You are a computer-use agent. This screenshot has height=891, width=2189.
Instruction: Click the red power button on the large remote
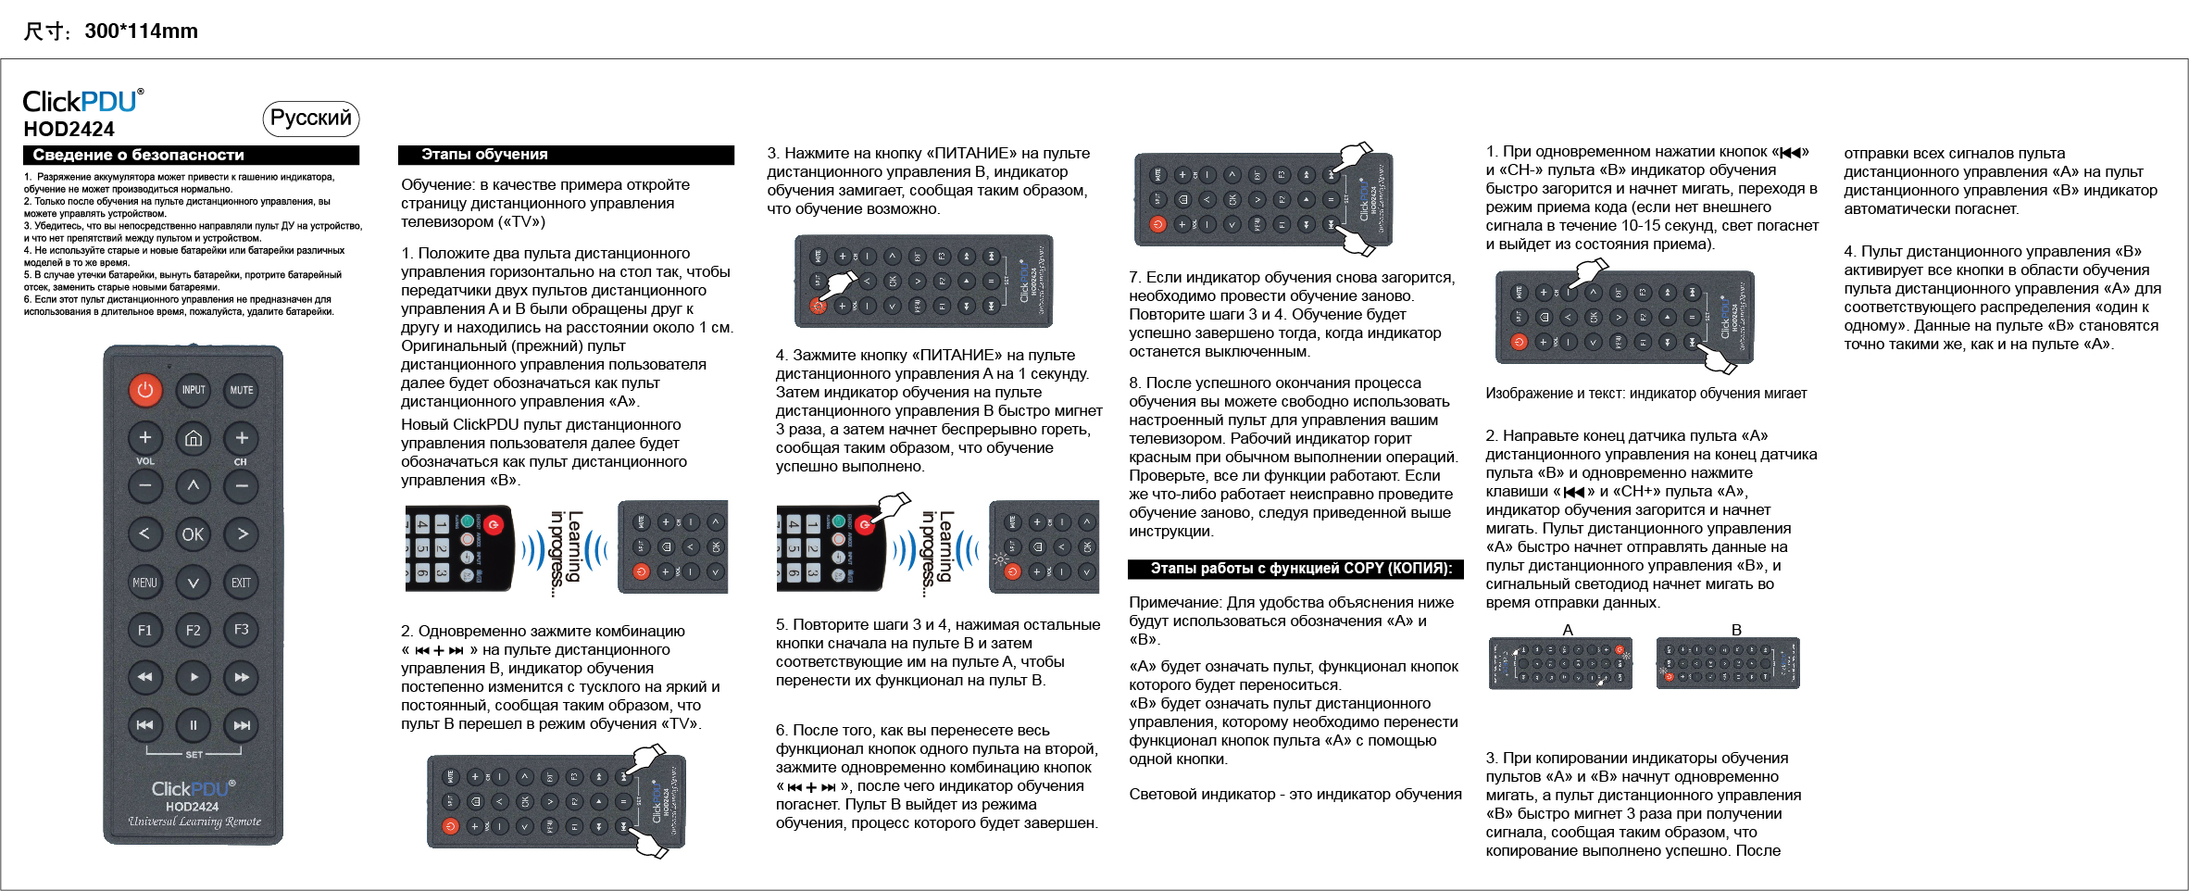(145, 390)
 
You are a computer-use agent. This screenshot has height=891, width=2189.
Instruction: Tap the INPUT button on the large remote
(194, 390)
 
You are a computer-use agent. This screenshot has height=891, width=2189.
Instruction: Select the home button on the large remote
(194, 438)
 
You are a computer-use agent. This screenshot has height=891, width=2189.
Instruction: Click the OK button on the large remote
(193, 534)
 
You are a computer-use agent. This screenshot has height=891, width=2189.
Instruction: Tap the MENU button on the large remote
(145, 583)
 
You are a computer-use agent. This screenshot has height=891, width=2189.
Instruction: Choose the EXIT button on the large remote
(241, 583)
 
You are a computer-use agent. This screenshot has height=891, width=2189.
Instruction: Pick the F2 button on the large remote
(193, 631)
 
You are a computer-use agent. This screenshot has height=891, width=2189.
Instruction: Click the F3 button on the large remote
(241, 630)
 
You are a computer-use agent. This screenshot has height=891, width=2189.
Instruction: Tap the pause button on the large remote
(193, 725)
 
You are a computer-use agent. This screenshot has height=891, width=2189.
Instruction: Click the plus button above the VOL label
(145, 438)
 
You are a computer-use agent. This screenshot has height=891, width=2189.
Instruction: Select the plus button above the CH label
(241, 438)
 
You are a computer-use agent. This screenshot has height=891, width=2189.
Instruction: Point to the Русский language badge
(311, 119)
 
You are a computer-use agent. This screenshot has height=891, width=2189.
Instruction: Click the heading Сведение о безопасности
(139, 155)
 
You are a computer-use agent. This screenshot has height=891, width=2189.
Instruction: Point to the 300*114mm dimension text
(141, 31)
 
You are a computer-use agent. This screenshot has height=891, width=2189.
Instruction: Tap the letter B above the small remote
(1736, 630)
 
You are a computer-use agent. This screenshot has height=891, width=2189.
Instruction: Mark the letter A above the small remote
(1568, 630)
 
